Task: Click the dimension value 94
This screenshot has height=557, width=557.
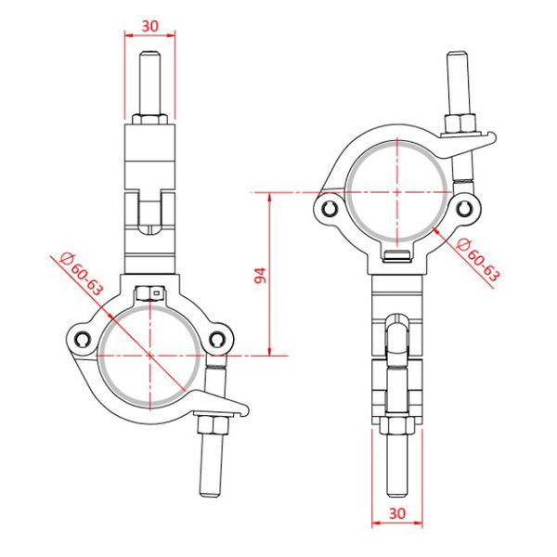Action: pos(261,275)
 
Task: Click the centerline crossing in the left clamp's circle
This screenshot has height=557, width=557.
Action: pos(149,354)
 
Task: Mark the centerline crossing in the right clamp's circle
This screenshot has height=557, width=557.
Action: pos(396,193)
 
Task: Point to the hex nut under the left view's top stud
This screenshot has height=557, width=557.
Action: pos(149,122)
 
